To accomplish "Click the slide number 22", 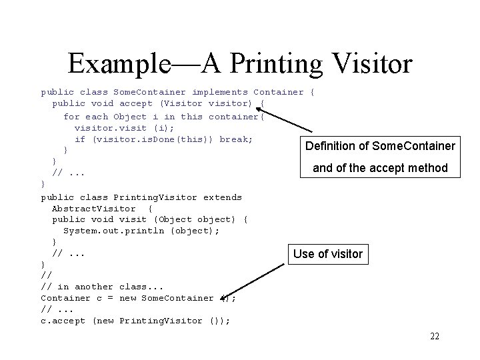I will click(x=435, y=336).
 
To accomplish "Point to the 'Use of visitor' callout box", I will click(x=328, y=253).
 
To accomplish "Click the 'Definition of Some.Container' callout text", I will click(x=380, y=146).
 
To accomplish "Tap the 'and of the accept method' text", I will click(x=380, y=168).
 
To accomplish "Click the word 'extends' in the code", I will click(x=223, y=197).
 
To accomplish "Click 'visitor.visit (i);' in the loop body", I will click(x=125, y=128).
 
